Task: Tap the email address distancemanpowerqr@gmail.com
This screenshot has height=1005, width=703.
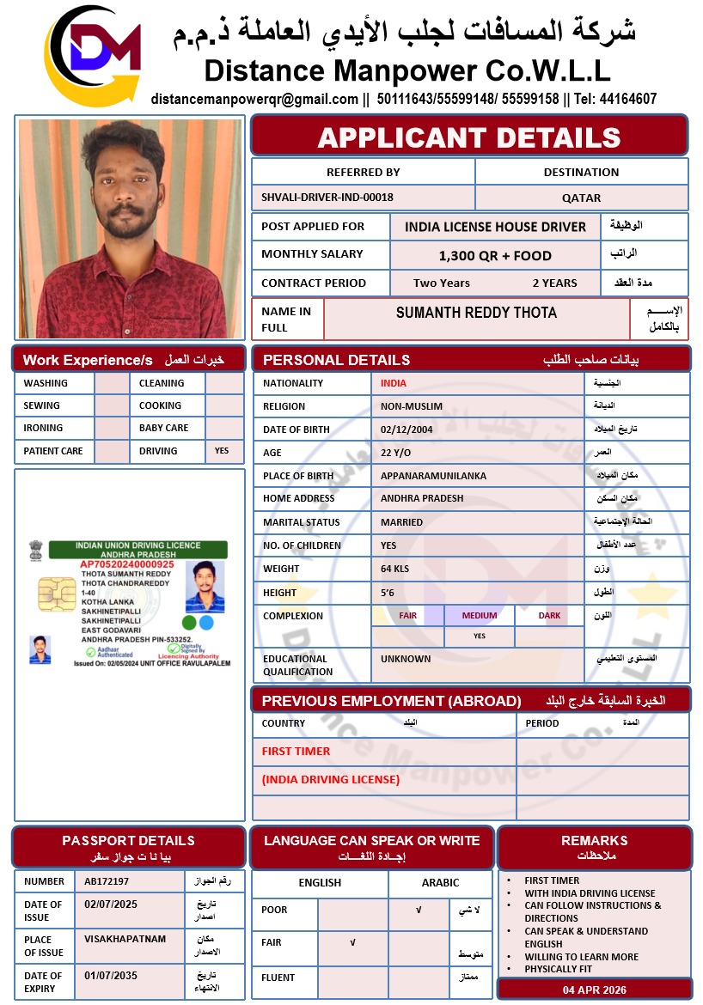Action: click(254, 99)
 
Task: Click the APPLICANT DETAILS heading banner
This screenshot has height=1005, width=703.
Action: click(469, 137)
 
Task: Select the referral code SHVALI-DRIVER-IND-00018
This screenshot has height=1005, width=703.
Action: click(327, 198)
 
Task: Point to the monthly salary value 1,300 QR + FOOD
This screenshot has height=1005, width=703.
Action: click(495, 255)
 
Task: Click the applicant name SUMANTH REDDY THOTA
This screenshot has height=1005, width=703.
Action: click(476, 313)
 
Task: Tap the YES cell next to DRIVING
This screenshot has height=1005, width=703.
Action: click(222, 450)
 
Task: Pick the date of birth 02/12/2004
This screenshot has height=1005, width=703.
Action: click(407, 429)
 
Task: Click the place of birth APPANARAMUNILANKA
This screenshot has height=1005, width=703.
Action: click(433, 475)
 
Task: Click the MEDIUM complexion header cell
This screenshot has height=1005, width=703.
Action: click(480, 615)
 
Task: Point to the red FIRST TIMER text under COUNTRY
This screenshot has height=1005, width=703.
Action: click(296, 751)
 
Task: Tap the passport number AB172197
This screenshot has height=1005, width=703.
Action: click(107, 881)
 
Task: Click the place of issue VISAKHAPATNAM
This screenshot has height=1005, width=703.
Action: click(125, 939)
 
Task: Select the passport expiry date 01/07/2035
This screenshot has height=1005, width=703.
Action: click(111, 976)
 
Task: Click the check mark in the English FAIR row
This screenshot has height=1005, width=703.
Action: click(352, 942)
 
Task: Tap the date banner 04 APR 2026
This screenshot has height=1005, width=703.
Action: click(595, 989)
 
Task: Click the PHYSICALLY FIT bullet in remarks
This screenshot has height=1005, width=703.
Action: click(559, 969)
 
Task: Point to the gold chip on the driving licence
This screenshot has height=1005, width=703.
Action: click(55, 592)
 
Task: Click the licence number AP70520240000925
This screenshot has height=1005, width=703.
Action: click(127, 564)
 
